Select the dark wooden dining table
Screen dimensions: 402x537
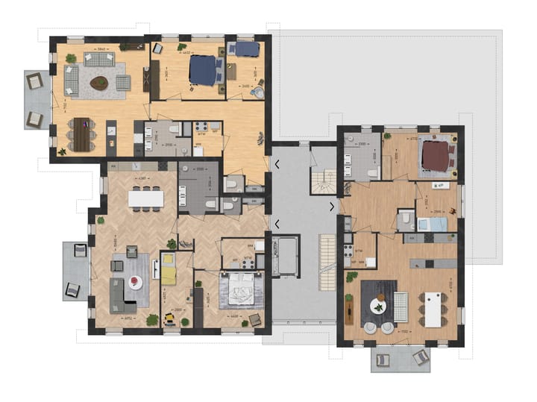81,135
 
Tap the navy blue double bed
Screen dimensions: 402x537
204,71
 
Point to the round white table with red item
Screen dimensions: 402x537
135,281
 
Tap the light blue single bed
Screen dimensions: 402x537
431,224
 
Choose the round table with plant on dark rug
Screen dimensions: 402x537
380,304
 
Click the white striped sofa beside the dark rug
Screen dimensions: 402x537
401,305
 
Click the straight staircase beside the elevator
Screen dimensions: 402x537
327,263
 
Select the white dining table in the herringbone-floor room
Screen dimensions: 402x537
145,198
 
